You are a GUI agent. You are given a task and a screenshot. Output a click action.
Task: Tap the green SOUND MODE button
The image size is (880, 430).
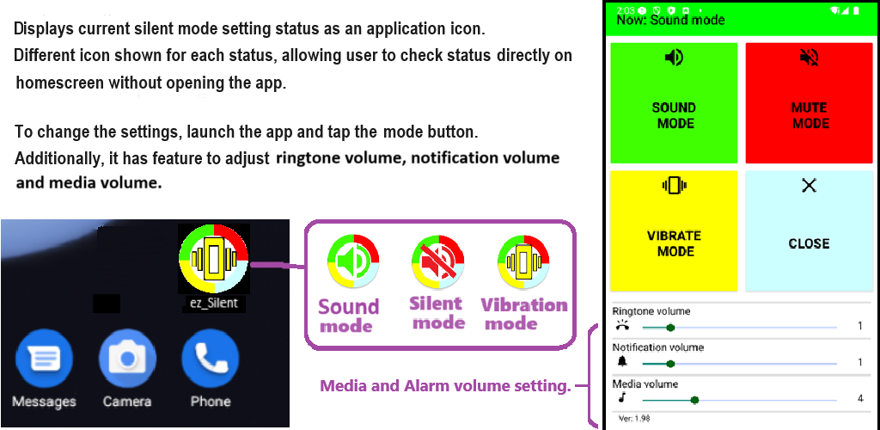coord(674,102)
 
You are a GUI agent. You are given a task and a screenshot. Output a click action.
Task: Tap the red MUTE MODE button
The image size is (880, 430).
coord(810,102)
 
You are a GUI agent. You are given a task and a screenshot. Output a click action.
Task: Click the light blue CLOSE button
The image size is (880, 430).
coord(810,230)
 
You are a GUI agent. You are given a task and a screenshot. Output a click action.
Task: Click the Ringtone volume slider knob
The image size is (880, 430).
coord(670,328)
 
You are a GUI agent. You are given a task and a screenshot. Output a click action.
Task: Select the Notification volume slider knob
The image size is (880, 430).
coord(670,364)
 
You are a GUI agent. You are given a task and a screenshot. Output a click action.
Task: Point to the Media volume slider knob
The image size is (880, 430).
coord(694,400)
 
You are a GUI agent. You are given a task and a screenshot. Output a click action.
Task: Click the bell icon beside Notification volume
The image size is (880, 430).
coord(622,362)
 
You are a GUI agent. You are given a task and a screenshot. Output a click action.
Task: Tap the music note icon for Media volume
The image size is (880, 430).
coord(622,398)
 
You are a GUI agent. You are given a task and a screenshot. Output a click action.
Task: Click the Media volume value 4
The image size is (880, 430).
coord(860,399)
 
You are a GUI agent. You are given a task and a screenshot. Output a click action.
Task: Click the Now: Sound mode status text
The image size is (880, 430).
coord(670,20)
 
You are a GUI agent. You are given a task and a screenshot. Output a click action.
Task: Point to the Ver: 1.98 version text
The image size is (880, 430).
coord(633,419)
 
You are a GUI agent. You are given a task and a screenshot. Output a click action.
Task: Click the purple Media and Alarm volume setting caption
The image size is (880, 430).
coord(445,386)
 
